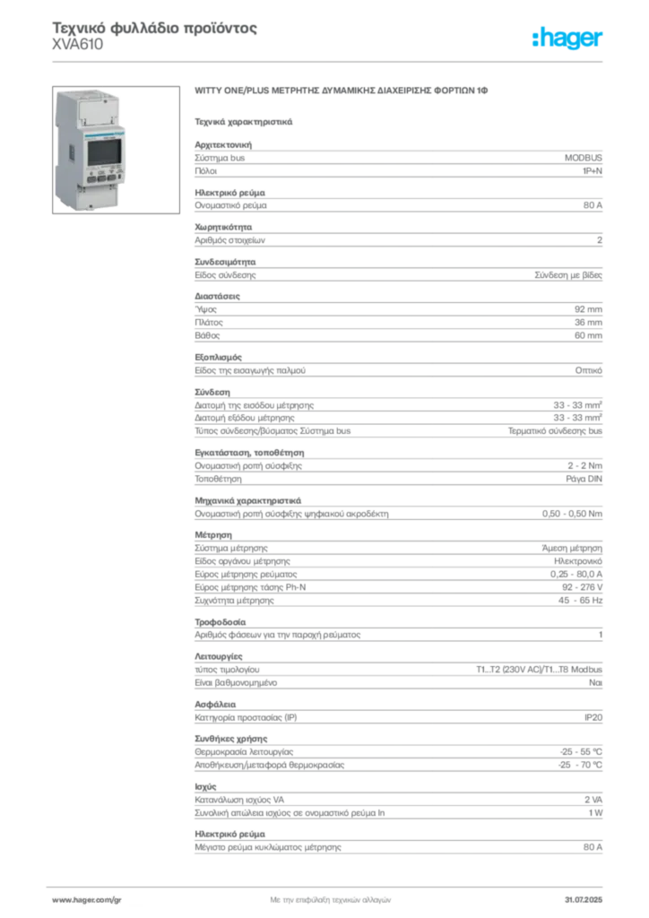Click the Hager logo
567,39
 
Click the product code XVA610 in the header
78,45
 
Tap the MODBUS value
583,158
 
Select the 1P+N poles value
593,171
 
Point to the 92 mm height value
588,309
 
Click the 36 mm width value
588,322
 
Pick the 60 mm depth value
588,335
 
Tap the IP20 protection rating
593,717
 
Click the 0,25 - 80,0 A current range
575,574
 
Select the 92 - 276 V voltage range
583,587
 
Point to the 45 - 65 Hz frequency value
580,600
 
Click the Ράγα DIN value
584,479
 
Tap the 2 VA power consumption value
593,800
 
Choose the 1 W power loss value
595,812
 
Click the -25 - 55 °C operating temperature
581,752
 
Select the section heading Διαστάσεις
217,296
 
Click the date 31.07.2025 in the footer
584,900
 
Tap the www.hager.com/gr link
87,900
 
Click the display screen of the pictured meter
104,152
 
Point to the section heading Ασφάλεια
215,705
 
